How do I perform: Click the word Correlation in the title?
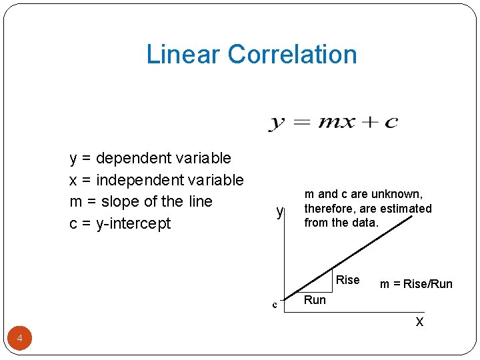[292, 54]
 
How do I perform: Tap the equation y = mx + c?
[333, 122]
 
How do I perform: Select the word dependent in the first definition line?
[134, 159]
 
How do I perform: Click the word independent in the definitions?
[134, 180]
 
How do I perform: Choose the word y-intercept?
[133, 223]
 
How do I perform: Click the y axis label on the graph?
[281, 212]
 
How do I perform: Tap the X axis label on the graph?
[419, 322]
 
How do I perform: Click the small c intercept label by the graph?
[274, 305]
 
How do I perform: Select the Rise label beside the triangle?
[348, 280]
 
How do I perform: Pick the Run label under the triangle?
[315, 300]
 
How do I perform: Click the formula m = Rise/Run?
[416, 284]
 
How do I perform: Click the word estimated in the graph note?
[407, 209]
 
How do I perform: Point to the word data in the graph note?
[363, 223]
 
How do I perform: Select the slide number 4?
[20, 339]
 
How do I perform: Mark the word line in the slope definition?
[199, 201]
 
